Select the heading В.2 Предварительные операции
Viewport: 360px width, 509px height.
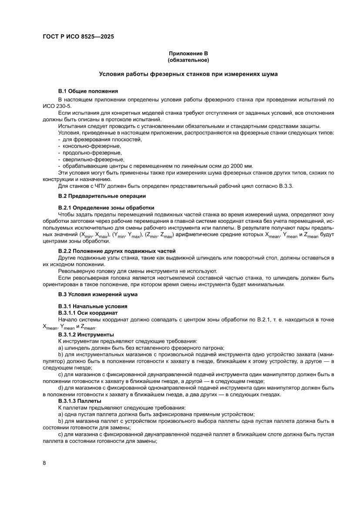[105, 196]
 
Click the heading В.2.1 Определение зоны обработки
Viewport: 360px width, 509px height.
[106, 207]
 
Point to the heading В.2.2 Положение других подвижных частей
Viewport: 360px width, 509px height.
[117, 251]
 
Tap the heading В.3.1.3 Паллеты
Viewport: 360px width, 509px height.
[80, 401]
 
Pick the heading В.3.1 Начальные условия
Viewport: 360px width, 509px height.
[93, 306]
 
